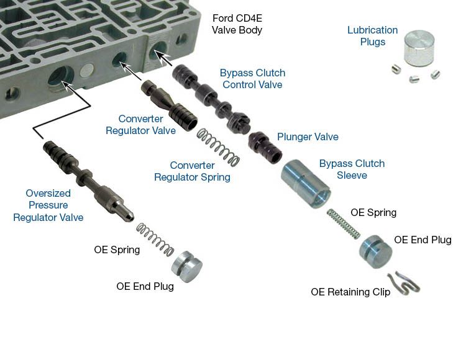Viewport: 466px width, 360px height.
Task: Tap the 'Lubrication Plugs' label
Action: click(x=372, y=36)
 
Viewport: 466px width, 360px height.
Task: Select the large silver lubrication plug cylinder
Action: click(x=419, y=48)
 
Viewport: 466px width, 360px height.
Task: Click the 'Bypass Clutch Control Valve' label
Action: click(x=252, y=79)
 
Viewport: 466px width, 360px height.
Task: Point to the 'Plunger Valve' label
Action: click(x=308, y=137)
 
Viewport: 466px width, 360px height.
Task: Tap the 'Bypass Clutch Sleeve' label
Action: click(x=352, y=169)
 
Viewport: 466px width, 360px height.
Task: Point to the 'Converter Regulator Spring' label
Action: click(x=192, y=171)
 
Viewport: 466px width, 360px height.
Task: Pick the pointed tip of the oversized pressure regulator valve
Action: click(x=127, y=217)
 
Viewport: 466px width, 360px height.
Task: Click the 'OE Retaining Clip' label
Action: click(x=350, y=292)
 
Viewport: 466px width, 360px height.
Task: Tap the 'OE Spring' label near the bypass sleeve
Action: click(x=373, y=212)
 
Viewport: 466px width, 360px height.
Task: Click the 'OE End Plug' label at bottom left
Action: click(x=145, y=287)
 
